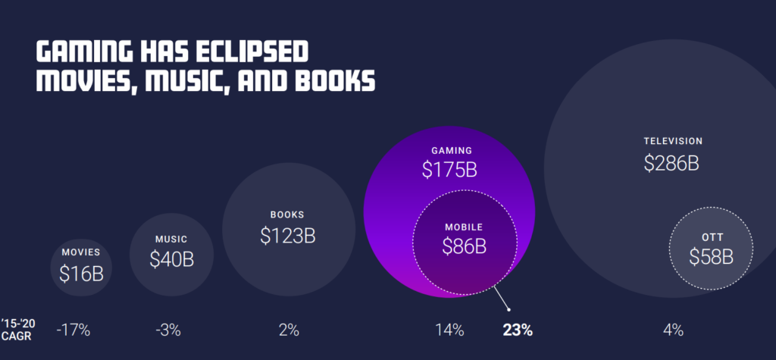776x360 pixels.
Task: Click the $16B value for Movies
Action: pyautogui.click(x=81, y=273)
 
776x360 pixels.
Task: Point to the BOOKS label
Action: pyautogui.click(x=287, y=214)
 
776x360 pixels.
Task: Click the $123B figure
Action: pyautogui.click(x=287, y=236)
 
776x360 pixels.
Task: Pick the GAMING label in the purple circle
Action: pyautogui.click(x=452, y=150)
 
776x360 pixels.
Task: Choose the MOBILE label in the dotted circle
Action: pyautogui.click(x=464, y=227)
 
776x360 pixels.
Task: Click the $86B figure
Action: pyautogui.click(x=464, y=247)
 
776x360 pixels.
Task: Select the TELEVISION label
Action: pyautogui.click(x=673, y=141)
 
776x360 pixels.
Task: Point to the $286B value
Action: pyautogui.click(x=671, y=163)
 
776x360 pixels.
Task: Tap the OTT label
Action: pyautogui.click(x=712, y=237)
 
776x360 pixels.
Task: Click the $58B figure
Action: pyautogui.click(x=711, y=257)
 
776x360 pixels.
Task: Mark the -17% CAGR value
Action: pyautogui.click(x=74, y=330)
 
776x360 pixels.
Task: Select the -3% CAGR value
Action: pyautogui.click(x=167, y=330)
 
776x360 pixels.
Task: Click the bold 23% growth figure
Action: pyautogui.click(x=518, y=330)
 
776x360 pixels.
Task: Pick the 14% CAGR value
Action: pyautogui.click(x=449, y=330)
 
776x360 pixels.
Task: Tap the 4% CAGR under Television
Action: pyautogui.click(x=672, y=330)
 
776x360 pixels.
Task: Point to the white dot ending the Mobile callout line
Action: pyautogui.click(x=509, y=308)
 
